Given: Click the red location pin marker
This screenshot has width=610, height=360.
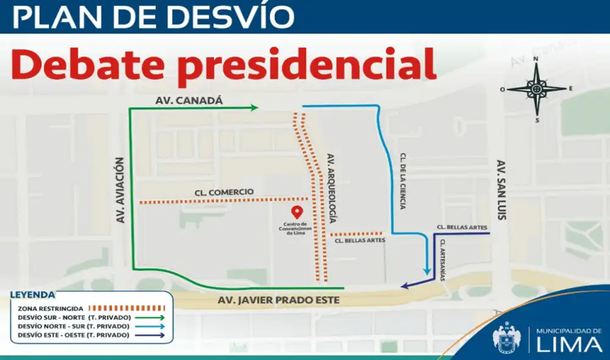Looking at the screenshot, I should (x=297, y=212).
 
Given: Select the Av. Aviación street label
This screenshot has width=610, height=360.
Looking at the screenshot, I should (x=120, y=190).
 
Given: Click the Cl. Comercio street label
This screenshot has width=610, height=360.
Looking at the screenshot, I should (x=224, y=192).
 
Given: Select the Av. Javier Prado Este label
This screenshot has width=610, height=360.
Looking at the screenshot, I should (x=279, y=300).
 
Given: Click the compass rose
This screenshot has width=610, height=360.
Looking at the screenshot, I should (x=536, y=89).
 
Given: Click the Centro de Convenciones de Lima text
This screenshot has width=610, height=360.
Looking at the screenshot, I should (x=297, y=228).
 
